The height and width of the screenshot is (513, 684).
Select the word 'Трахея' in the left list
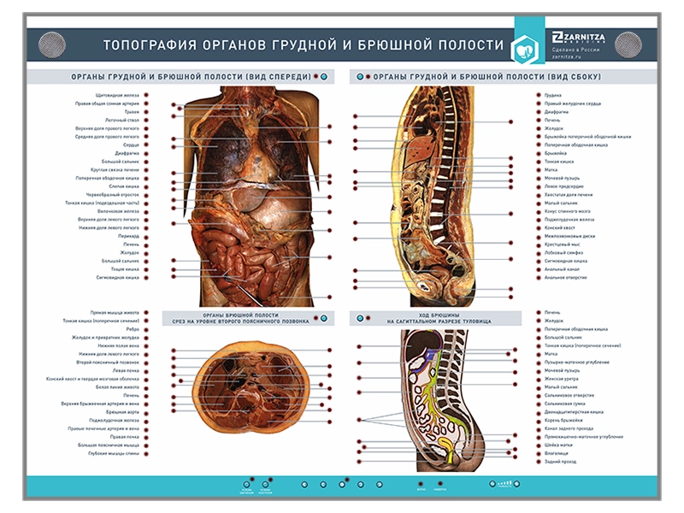coord(127,112)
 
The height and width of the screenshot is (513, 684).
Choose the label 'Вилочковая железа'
coord(118,211)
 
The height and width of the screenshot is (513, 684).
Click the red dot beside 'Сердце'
coord(146,144)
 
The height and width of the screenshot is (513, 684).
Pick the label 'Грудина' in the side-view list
coord(553,95)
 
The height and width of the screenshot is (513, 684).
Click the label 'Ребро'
coord(133,329)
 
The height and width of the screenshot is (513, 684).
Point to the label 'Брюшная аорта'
coord(123,412)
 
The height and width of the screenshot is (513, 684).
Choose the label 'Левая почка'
coord(126,370)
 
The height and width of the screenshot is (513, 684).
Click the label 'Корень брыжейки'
coord(562,420)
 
